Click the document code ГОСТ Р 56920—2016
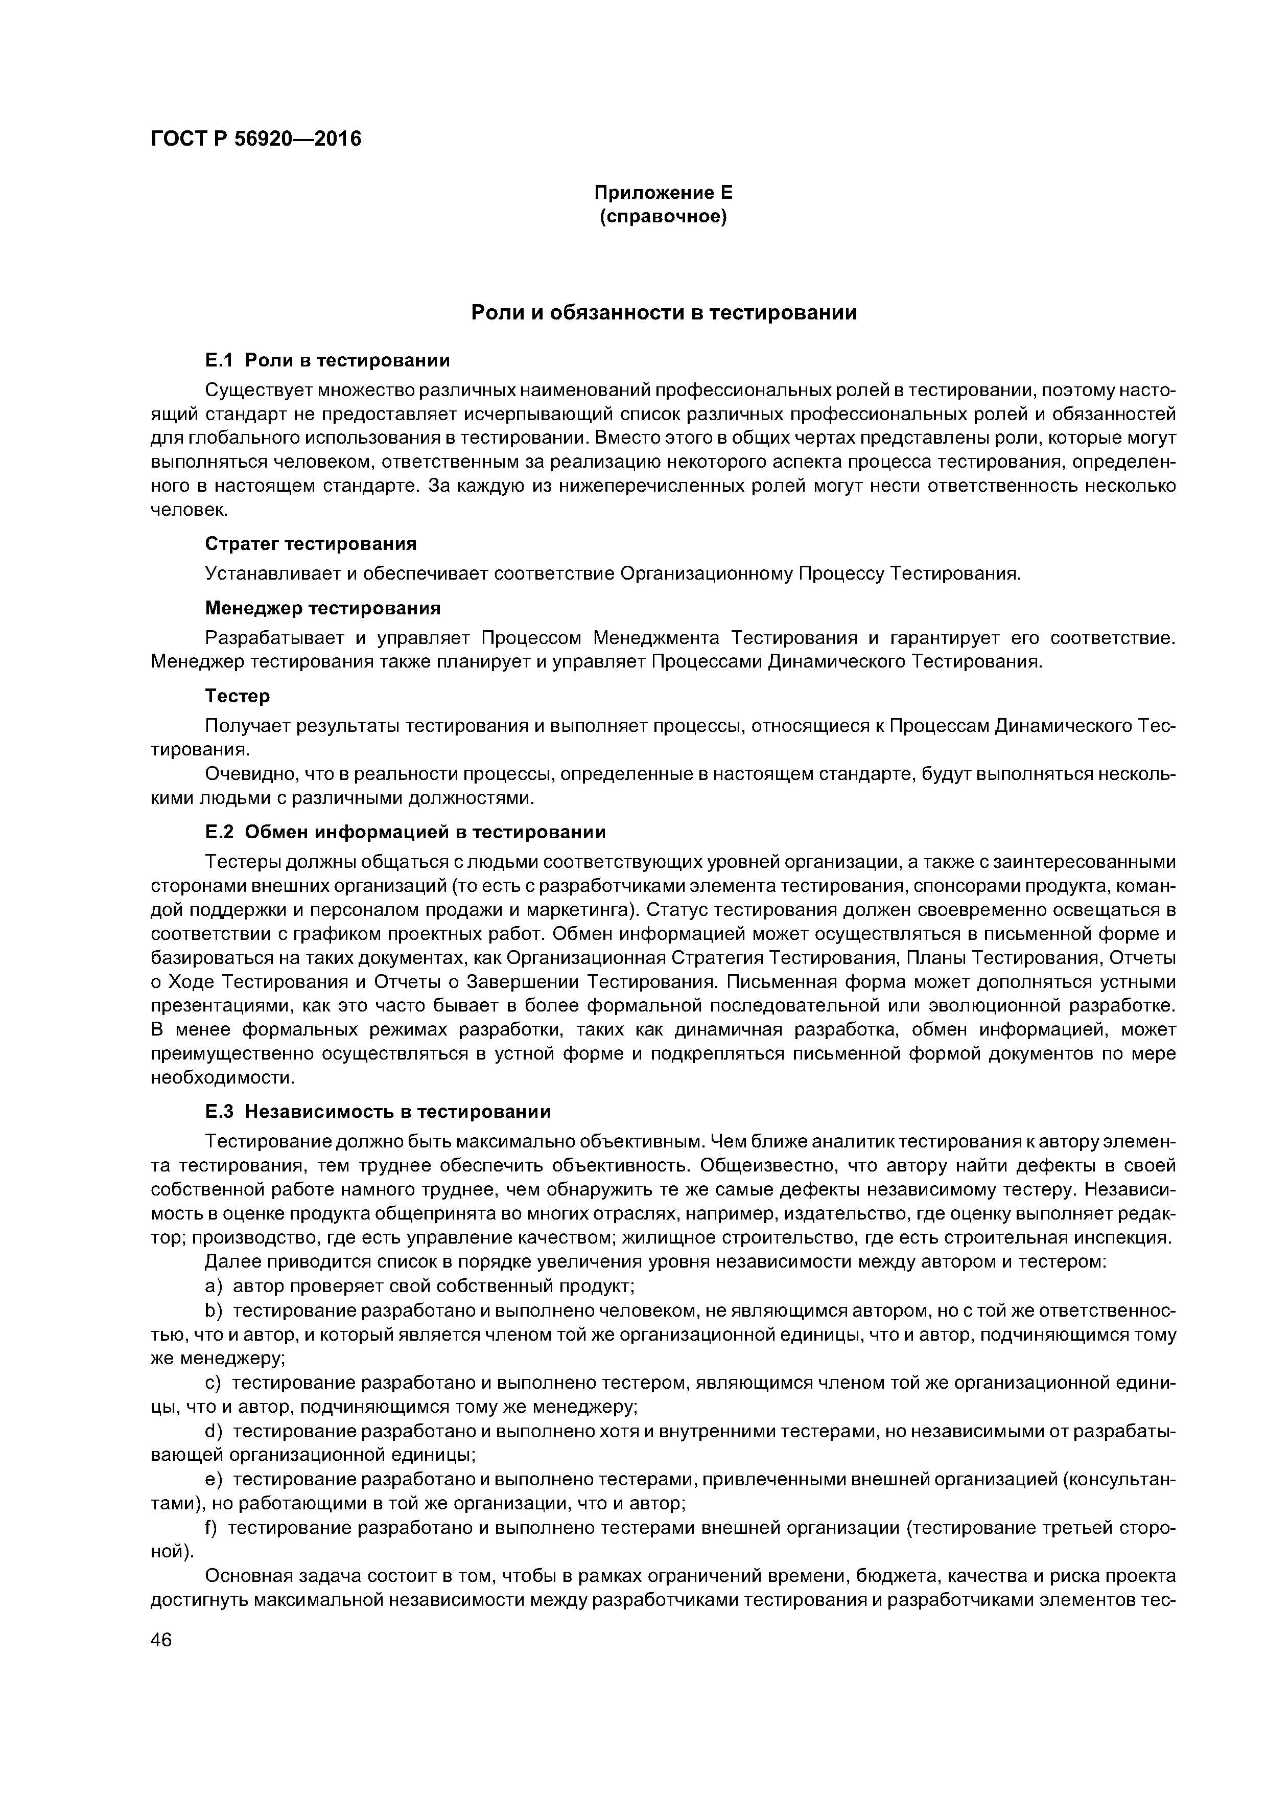[x=256, y=139]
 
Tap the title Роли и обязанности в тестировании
[x=664, y=313]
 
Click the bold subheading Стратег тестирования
[x=311, y=543]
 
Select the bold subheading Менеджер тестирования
[x=322, y=608]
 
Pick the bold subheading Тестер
[x=238, y=695]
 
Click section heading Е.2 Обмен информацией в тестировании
[x=405, y=832]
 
